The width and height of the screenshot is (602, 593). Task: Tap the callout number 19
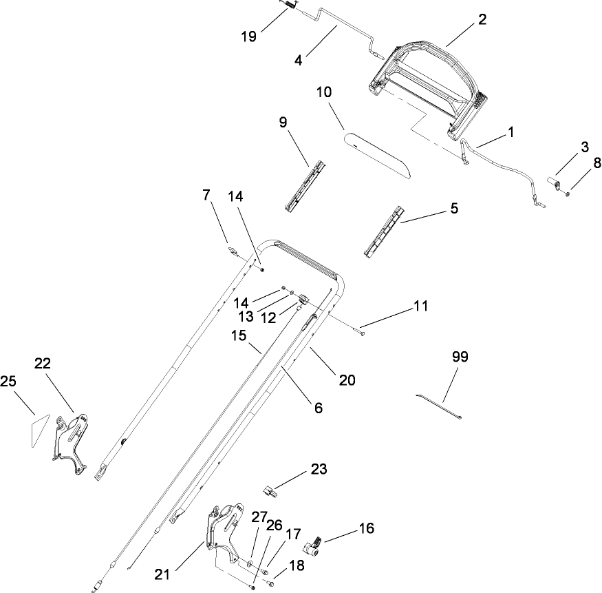click(x=250, y=36)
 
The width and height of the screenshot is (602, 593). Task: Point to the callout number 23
click(x=319, y=470)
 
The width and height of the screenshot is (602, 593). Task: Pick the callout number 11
click(x=420, y=305)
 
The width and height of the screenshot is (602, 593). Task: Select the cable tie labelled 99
click(x=438, y=406)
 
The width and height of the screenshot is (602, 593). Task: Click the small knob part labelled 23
click(x=269, y=491)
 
